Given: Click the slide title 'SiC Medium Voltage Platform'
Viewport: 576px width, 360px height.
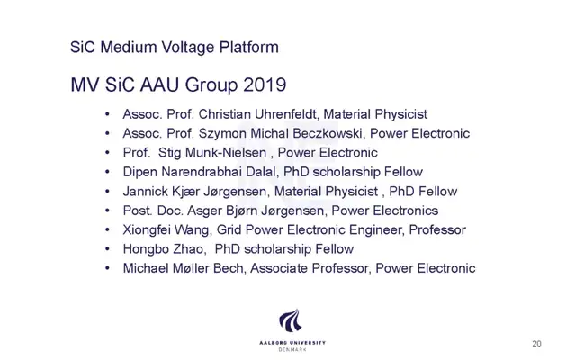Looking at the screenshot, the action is pyautogui.click(x=174, y=48).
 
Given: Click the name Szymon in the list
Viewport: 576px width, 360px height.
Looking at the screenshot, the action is pyautogui.click(x=222, y=133).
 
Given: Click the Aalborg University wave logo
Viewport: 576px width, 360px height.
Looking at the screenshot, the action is pyautogui.click(x=291, y=321).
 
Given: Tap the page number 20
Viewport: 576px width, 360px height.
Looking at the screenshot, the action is pyautogui.click(x=536, y=344).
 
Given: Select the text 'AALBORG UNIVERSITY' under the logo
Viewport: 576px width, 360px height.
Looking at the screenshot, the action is pyautogui.click(x=292, y=343).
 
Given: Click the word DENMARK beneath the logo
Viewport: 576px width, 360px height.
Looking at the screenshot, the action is pyautogui.click(x=292, y=350).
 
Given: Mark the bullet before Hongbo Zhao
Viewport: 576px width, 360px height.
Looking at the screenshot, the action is pyautogui.click(x=107, y=249).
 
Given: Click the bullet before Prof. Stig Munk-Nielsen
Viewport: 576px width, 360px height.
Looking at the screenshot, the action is pyautogui.click(x=107, y=152).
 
